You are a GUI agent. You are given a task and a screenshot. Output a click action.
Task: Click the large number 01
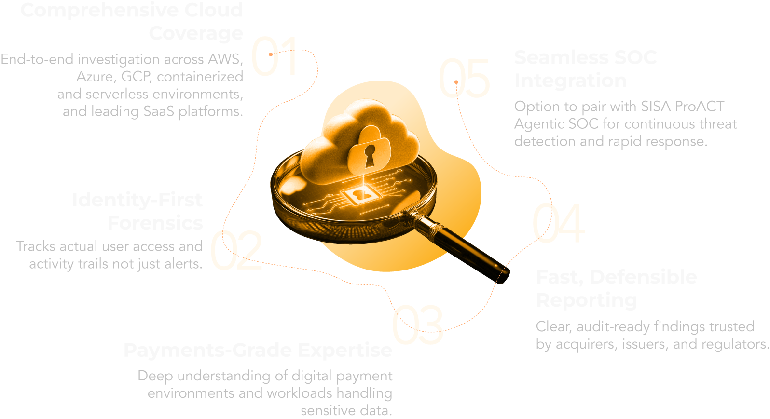coord(274,56)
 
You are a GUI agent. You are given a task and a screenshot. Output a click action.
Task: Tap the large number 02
coord(236,250)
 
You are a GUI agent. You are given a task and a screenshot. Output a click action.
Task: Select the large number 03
coord(417,325)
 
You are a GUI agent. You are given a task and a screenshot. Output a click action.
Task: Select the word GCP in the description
coord(136,76)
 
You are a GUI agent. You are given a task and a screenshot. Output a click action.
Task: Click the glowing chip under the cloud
coord(358,195)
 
